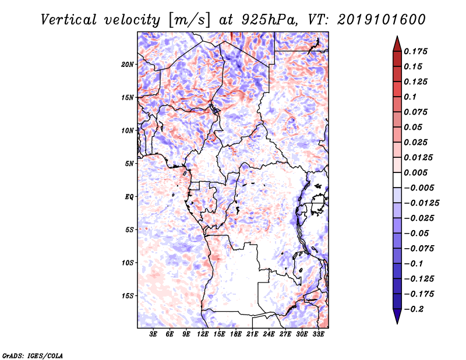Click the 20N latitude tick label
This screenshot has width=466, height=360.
pyautogui.click(x=128, y=64)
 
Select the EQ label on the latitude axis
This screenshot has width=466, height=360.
pyautogui.click(x=129, y=197)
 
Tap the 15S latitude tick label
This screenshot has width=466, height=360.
pyautogui.click(x=128, y=296)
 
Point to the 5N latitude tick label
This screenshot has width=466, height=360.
pyautogui.click(x=129, y=164)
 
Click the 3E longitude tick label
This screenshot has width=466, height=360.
pyautogui.click(x=154, y=335)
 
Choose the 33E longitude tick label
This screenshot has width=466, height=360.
pyautogui.click(x=318, y=335)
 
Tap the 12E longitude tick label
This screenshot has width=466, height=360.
pyautogui.click(x=203, y=335)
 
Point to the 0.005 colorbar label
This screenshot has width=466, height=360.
pyautogui.click(x=417, y=172)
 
